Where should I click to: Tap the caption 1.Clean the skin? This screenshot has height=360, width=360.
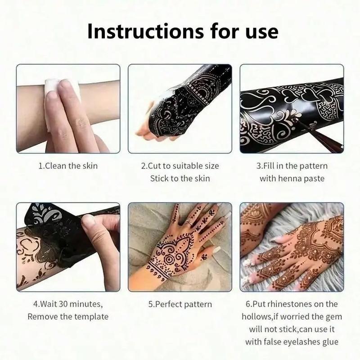click(x=68, y=166)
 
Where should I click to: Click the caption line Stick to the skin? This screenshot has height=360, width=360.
click(x=180, y=179)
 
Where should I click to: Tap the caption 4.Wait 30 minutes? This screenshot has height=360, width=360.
click(x=68, y=304)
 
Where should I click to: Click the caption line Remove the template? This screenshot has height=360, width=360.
click(x=68, y=316)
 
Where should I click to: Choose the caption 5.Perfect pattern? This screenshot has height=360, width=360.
click(x=180, y=304)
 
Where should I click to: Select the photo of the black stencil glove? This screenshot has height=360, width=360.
click(x=180, y=108)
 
